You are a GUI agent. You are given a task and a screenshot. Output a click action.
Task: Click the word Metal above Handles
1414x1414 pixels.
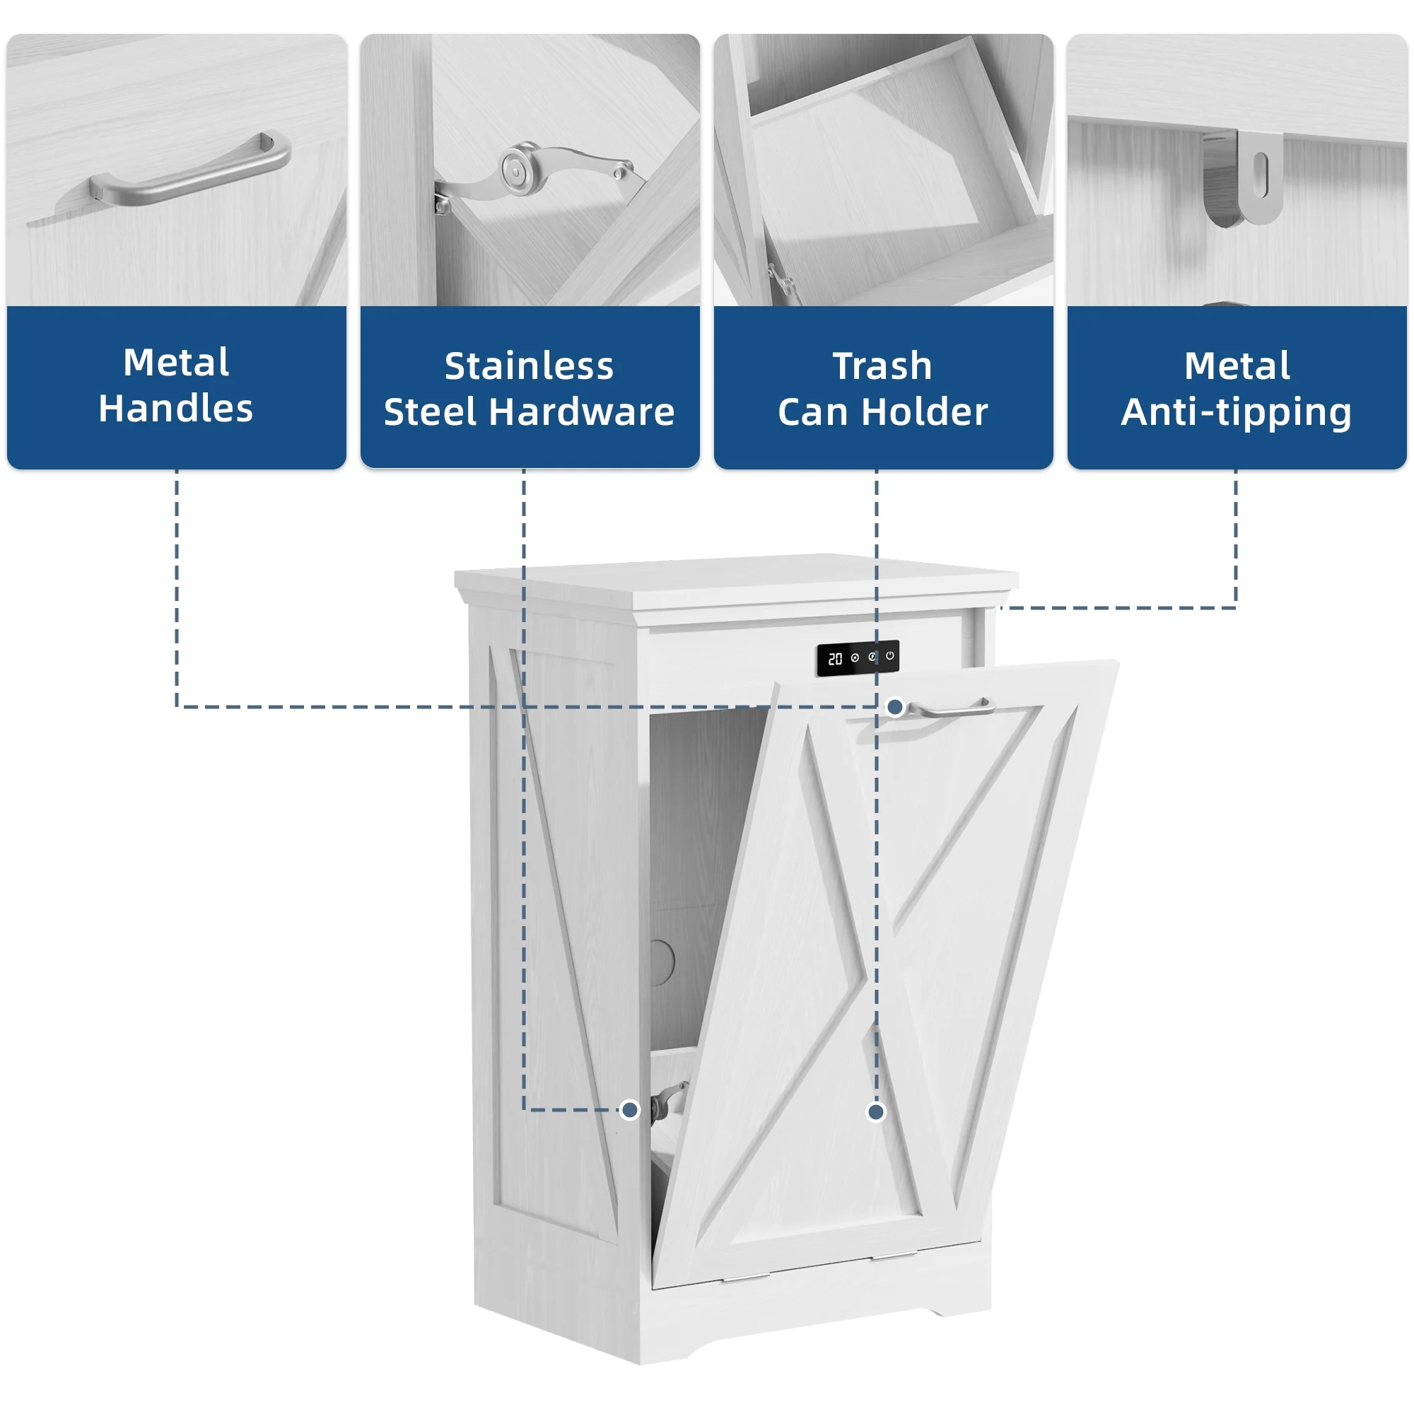(175, 361)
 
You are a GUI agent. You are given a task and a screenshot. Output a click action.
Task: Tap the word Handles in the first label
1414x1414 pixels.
(175, 408)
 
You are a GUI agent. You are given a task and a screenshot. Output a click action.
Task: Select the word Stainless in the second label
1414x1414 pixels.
(529, 366)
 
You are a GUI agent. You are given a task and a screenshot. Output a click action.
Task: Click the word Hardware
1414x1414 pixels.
(582, 411)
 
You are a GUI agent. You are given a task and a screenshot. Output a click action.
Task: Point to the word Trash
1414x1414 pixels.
(882, 366)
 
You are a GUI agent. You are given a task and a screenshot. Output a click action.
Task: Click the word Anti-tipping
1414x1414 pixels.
(1236, 413)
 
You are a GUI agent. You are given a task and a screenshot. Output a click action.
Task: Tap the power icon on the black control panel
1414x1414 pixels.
(890, 656)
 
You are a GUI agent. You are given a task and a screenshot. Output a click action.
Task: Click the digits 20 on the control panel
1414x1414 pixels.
(835, 660)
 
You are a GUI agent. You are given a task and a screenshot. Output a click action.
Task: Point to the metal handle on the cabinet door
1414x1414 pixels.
(950, 708)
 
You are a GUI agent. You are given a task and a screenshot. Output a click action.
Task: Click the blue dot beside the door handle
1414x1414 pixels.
(895, 707)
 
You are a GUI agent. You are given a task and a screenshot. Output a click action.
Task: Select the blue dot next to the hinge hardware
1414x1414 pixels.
(629, 1110)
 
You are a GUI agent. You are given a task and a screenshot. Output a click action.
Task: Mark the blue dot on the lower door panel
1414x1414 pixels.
(876, 1112)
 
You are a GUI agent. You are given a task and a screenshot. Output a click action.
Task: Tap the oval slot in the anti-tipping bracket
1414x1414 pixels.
(1260, 175)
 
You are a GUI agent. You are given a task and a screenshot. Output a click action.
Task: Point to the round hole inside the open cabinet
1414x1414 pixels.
(661, 960)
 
